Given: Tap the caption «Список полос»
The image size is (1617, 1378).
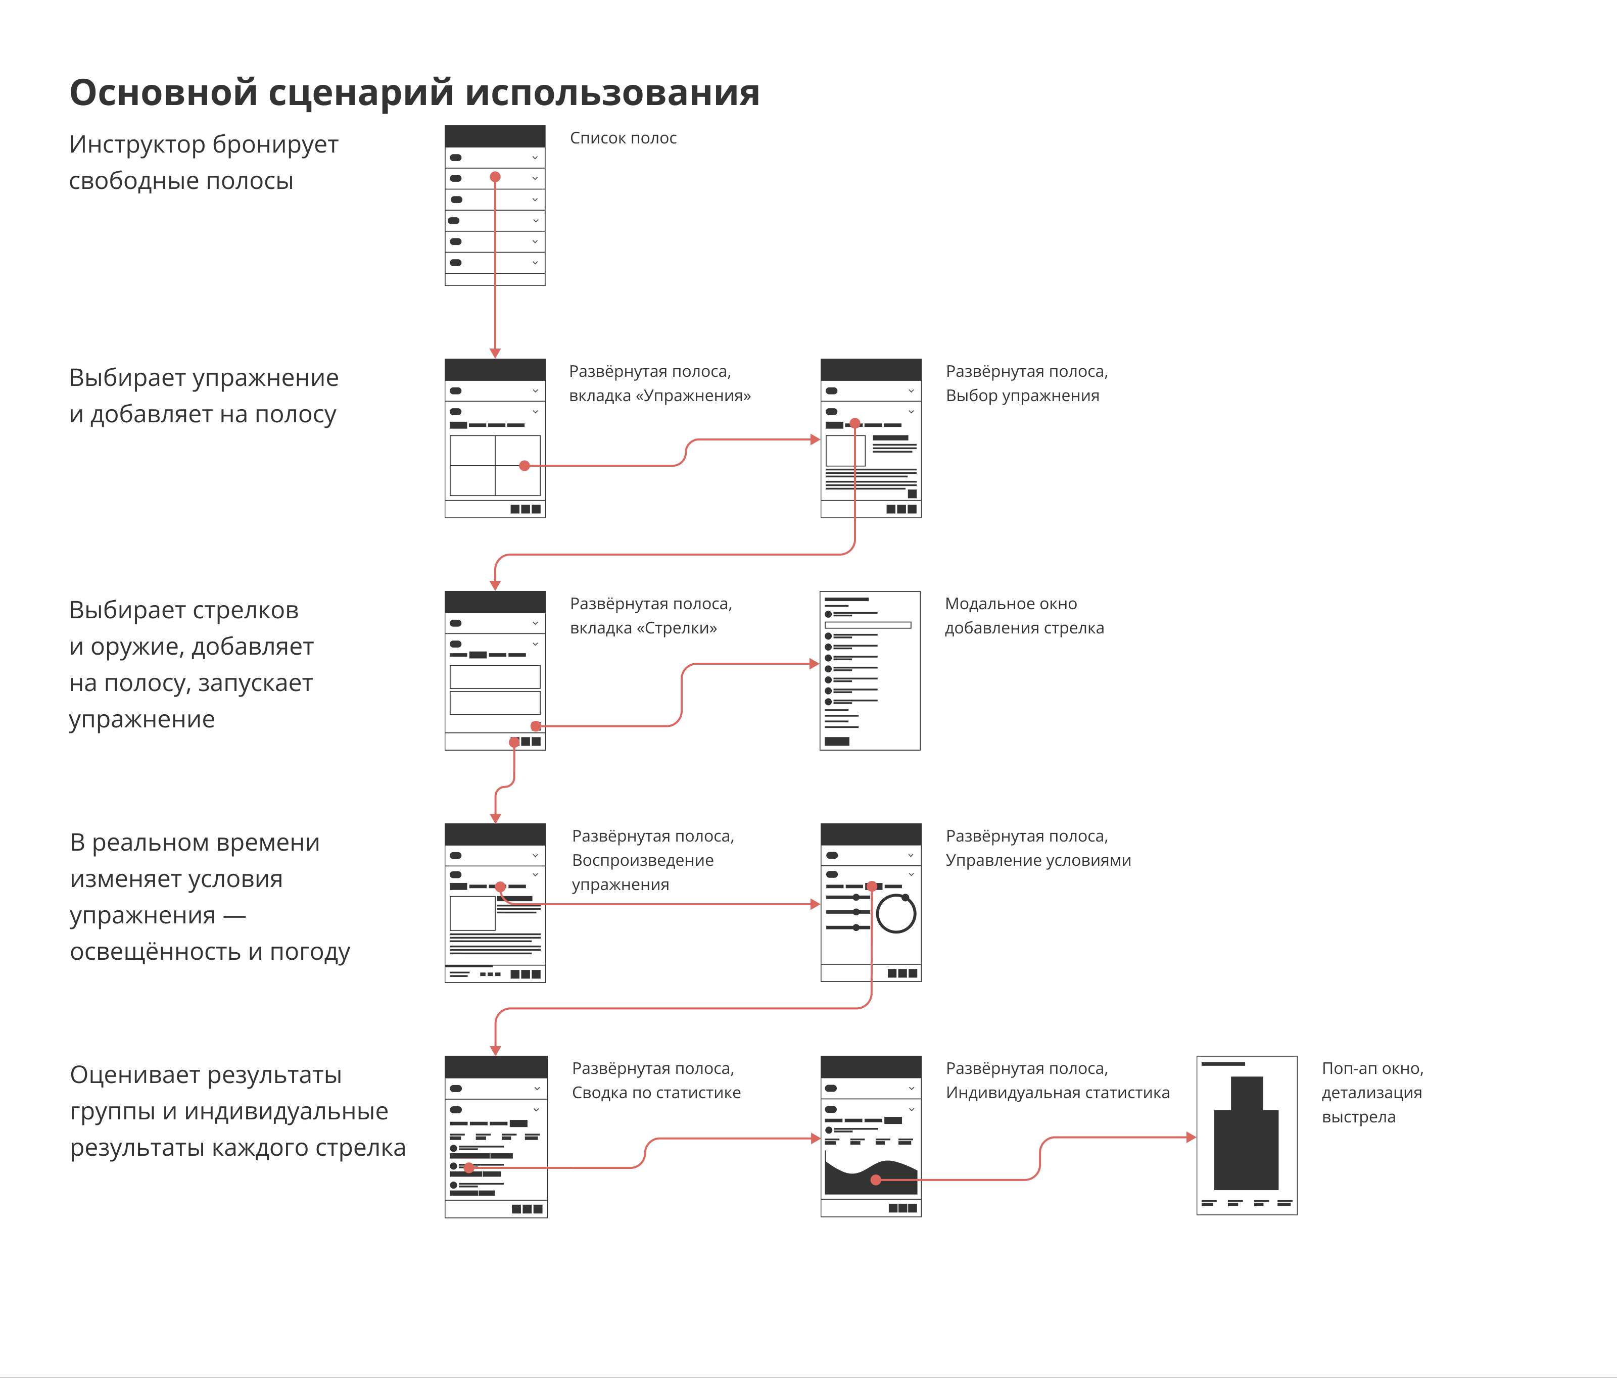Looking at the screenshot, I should pos(623,138).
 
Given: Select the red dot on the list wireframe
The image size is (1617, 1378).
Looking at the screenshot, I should pos(495,177).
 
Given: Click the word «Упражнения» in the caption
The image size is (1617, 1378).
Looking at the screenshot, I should pos(693,396).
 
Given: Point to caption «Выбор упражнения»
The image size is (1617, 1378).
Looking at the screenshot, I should pos(1022,396).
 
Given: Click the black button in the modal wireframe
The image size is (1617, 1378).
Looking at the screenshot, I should pos(837,741).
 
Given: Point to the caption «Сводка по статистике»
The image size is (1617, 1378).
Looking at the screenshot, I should pos(655,1093).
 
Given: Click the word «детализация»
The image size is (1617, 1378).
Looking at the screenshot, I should pos(1371,1093).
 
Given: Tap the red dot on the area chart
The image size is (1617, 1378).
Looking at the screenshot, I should pos(876,1180).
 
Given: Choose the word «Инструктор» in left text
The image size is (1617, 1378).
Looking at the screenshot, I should pos(137,144).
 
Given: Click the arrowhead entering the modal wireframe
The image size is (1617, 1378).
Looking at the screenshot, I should pos(814,664).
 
